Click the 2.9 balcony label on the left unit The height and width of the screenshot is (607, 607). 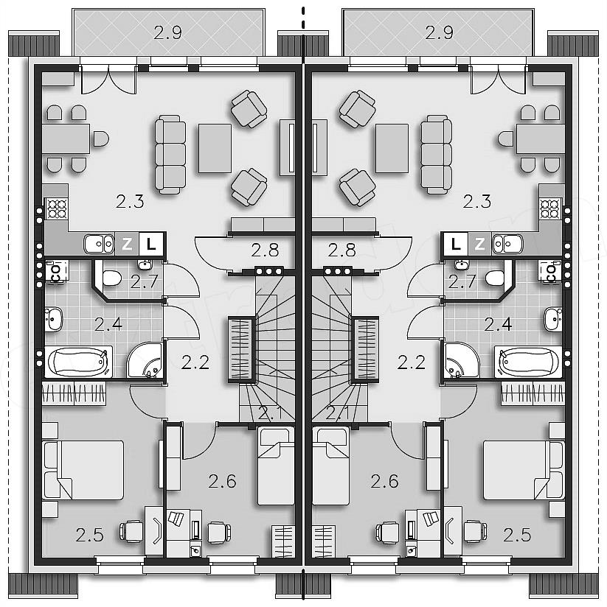click(x=167, y=32)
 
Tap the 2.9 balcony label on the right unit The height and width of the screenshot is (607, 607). click(x=439, y=32)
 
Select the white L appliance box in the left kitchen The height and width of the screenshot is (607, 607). click(x=151, y=244)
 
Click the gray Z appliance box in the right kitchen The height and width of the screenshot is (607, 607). click(x=480, y=244)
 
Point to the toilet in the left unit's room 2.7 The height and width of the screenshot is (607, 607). click(x=112, y=278)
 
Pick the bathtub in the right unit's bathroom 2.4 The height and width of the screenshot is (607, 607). click(x=528, y=362)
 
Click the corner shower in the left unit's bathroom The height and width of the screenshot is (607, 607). click(x=145, y=360)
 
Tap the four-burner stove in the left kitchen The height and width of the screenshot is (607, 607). click(x=57, y=208)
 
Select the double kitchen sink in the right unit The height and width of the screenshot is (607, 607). click(x=507, y=245)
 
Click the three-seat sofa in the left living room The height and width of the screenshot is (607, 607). click(x=170, y=154)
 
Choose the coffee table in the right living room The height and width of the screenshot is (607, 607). click(x=392, y=148)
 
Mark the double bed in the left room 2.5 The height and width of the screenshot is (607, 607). click(x=83, y=470)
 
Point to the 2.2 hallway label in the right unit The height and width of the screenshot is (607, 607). click(x=412, y=362)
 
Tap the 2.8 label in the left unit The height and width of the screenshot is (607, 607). click(x=265, y=250)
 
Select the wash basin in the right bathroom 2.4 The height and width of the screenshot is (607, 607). click(x=553, y=320)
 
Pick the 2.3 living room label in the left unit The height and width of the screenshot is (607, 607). click(x=130, y=201)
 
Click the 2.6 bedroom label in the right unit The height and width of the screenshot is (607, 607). click(x=384, y=481)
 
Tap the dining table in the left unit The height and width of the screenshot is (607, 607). click(x=66, y=138)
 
